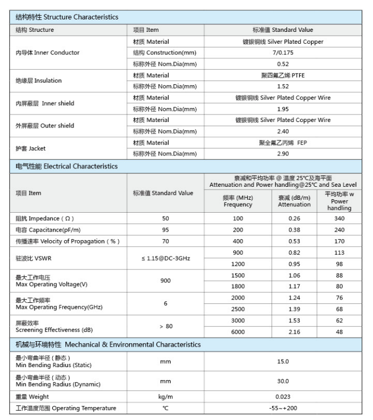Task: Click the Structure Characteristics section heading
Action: pos(67,18)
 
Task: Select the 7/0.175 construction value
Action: pos(283,53)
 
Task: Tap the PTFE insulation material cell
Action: pos(283,76)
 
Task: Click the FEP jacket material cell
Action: pos(283,143)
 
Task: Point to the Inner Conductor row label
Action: pos(48,53)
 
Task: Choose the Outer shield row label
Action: pos(45,126)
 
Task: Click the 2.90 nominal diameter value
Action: pos(283,154)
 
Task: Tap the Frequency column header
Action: pos(238,201)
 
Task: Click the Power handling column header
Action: pos(339,201)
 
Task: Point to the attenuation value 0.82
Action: pos(294,253)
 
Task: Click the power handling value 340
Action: pos(339,218)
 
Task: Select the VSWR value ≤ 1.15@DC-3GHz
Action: pos(165,259)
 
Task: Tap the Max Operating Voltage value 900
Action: pos(165,281)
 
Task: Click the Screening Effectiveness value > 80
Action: pos(165,326)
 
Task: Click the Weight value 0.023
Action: pos(283,397)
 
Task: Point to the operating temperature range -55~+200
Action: pos(283,408)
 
